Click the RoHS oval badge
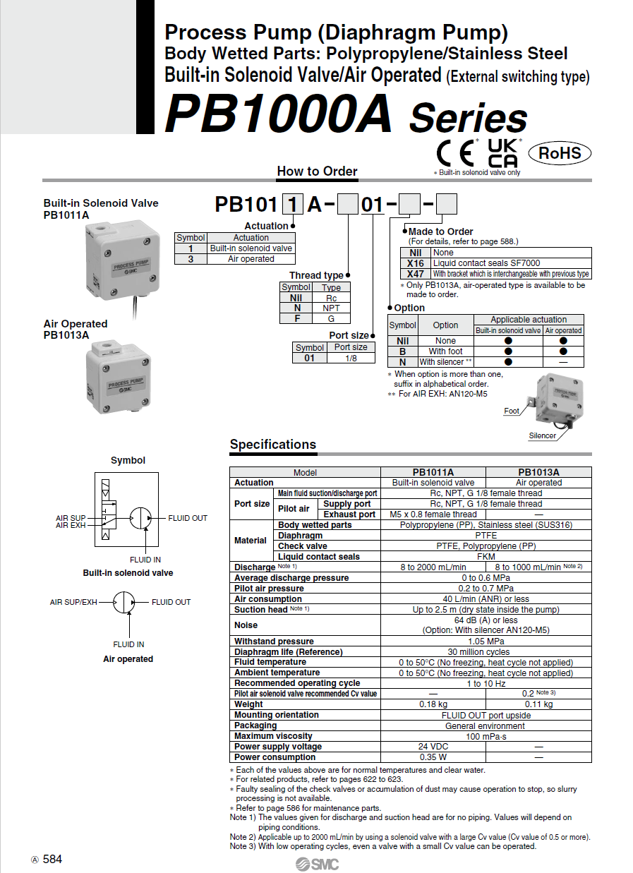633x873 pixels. pyautogui.click(x=560, y=152)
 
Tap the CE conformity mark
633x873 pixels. pyautogui.click(x=454, y=153)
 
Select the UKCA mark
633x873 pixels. pyautogui.click(x=503, y=152)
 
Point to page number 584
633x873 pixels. pyautogui.click(x=52, y=859)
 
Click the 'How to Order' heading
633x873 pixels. pyautogui.click(x=317, y=171)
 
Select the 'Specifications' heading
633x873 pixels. pyautogui.click(x=272, y=445)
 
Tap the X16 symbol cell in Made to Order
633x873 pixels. pyautogui.click(x=416, y=263)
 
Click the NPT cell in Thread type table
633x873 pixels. pyautogui.click(x=331, y=308)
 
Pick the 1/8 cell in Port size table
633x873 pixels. pyautogui.click(x=350, y=358)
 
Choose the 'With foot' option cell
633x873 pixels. pyautogui.click(x=445, y=351)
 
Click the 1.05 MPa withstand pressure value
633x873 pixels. pyautogui.click(x=486, y=642)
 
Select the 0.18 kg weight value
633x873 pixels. pyautogui.click(x=433, y=704)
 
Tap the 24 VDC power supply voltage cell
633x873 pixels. pyautogui.click(x=433, y=747)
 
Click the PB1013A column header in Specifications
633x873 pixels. pyautogui.click(x=538, y=472)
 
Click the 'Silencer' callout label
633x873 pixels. pyautogui.click(x=542, y=435)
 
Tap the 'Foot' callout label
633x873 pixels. pyautogui.click(x=512, y=411)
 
